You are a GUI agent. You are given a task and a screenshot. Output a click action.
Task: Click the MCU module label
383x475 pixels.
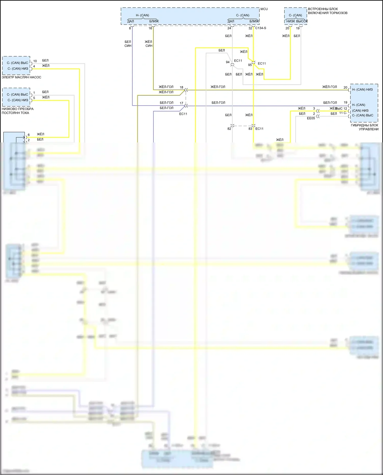[264, 9]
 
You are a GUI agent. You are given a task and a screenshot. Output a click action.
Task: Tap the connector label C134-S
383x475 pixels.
[261, 28]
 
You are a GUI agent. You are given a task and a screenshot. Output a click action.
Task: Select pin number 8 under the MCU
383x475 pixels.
[130, 28]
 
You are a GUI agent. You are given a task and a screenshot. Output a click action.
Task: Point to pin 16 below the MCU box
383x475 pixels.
[150, 28]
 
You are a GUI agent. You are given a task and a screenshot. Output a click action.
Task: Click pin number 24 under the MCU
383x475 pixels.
[229, 28]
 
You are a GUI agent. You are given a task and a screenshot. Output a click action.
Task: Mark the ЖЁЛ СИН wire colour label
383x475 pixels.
[149, 44]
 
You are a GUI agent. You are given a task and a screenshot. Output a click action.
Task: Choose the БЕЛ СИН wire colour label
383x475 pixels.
[128, 44]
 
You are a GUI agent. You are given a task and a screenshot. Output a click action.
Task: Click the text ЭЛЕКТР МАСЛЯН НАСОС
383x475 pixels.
[21, 77]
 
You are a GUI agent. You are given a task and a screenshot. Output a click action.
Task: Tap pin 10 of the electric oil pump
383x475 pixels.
[35, 61]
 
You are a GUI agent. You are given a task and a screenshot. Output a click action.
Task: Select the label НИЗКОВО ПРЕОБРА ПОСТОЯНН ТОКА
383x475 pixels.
[17, 111]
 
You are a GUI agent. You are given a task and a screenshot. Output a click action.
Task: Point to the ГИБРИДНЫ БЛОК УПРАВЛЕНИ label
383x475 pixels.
[365, 127]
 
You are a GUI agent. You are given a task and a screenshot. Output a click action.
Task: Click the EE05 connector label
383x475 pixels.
[311, 118]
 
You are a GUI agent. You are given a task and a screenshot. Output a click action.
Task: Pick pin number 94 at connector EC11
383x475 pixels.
[228, 62]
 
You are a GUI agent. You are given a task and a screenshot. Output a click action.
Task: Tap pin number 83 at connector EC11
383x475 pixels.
[250, 129]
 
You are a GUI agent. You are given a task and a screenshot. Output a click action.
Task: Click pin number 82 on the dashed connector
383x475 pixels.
[229, 129]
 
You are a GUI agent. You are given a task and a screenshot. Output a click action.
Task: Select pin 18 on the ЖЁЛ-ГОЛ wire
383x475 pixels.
[182, 87]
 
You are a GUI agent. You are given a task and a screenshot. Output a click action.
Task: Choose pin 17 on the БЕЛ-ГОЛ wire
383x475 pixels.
[182, 103]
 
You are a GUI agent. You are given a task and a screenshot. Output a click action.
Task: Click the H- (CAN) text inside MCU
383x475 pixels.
[142, 15]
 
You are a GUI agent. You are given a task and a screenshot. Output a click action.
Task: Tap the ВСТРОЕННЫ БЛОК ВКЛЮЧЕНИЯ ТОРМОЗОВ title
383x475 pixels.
[327, 11]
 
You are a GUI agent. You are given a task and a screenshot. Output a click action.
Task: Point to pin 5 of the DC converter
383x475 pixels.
[34, 98]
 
